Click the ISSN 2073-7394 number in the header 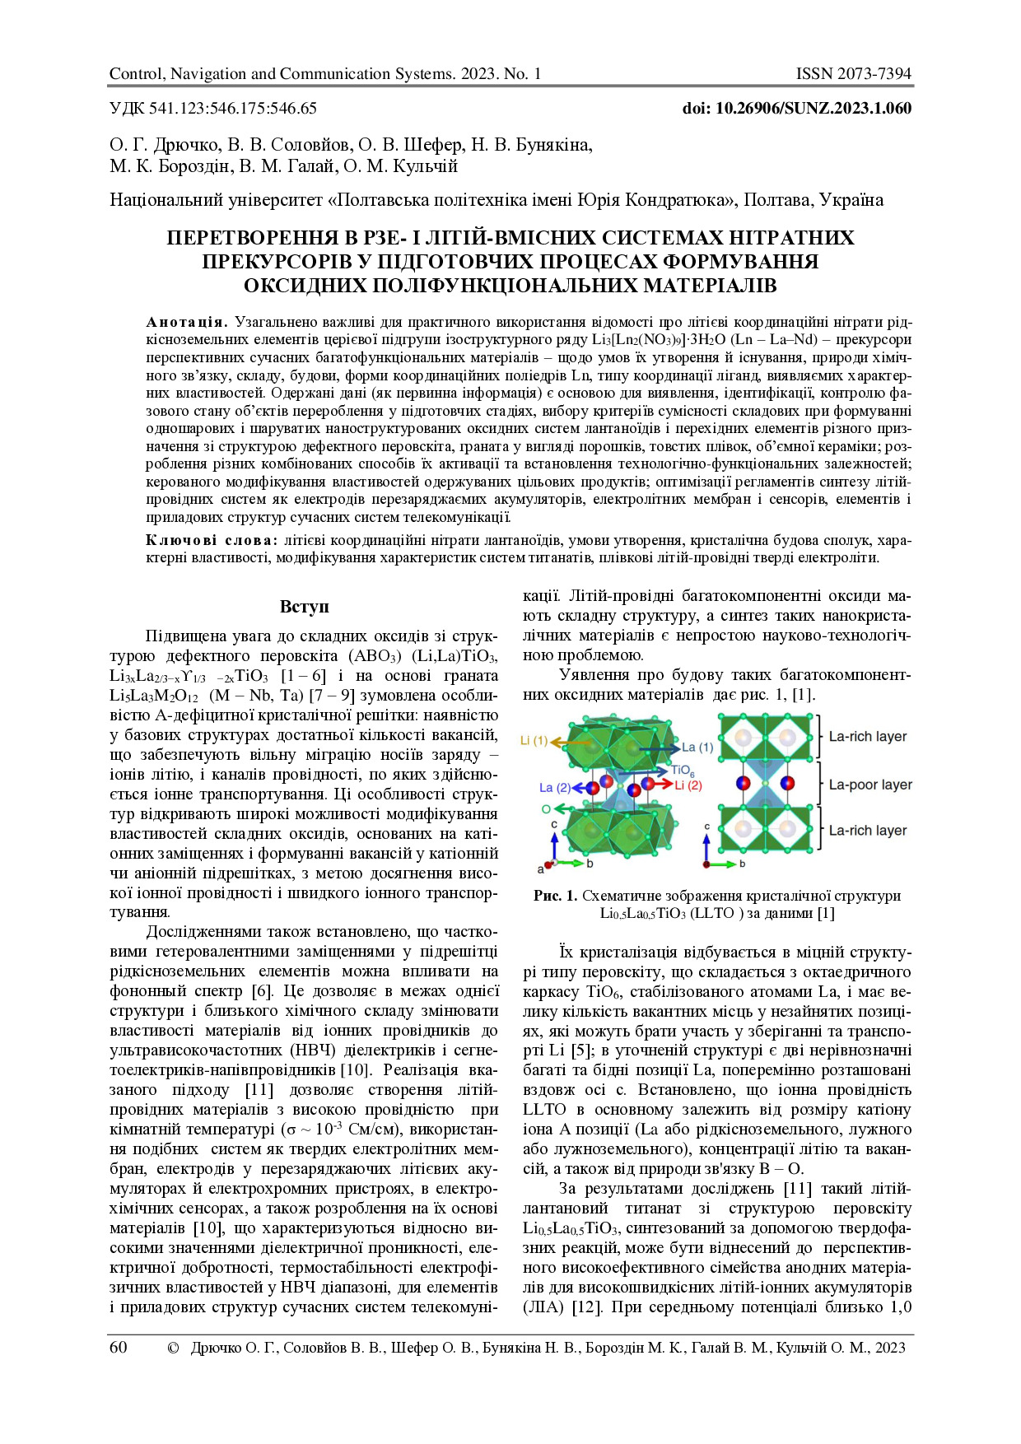pyautogui.click(x=853, y=74)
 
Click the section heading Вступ pyautogui.click(x=304, y=607)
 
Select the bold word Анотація pyautogui.click(x=187, y=322)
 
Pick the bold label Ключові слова pyautogui.click(x=212, y=540)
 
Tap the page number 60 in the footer pyautogui.click(x=119, y=1348)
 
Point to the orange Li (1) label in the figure pyautogui.click(x=534, y=741)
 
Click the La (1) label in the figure pyautogui.click(x=697, y=748)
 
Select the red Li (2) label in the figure pyautogui.click(x=688, y=785)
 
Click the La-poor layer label pyautogui.click(x=869, y=785)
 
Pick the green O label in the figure pyautogui.click(x=546, y=809)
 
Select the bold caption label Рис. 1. pyautogui.click(x=556, y=896)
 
